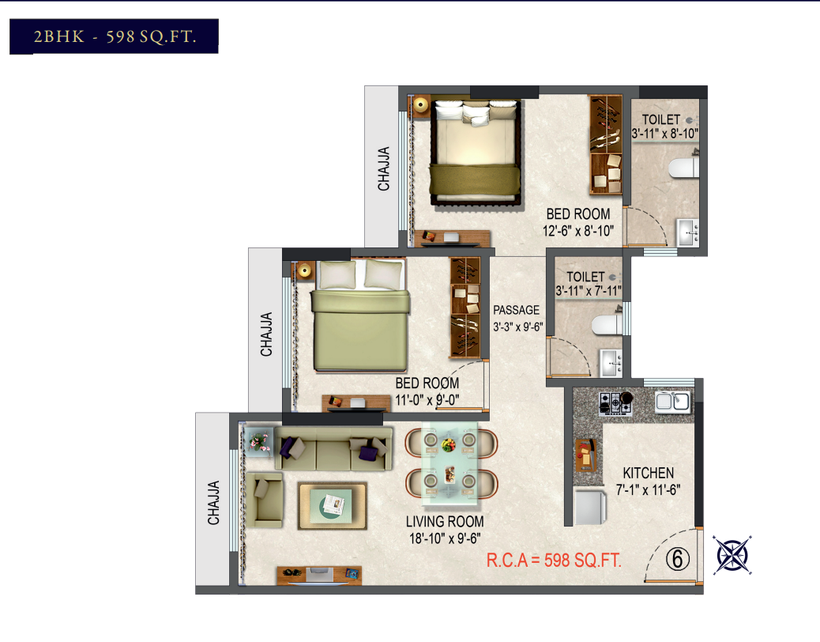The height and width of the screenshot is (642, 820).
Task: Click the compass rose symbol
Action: click(x=732, y=555)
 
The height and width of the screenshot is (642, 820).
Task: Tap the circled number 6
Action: click(x=678, y=559)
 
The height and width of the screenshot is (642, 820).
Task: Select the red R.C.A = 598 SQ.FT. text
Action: click(x=554, y=561)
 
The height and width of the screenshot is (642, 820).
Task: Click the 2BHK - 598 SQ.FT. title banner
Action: click(x=114, y=36)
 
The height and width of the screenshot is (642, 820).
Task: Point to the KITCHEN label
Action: click(x=648, y=473)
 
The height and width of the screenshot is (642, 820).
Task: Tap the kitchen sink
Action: click(x=673, y=402)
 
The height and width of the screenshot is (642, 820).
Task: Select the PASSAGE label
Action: click(x=516, y=310)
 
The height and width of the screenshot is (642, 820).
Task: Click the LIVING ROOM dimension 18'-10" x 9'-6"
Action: click(x=445, y=538)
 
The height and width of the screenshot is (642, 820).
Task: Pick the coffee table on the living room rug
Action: click(x=332, y=506)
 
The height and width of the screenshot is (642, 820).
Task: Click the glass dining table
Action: click(x=449, y=464)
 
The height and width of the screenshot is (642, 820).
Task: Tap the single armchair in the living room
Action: click(x=265, y=499)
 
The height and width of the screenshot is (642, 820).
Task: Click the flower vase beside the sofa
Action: click(x=259, y=440)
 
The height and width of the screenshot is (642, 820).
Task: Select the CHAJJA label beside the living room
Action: click(x=213, y=503)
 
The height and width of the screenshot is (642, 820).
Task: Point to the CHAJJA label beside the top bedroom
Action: click(x=384, y=168)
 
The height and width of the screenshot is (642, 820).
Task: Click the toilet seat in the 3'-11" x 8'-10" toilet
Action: click(x=683, y=168)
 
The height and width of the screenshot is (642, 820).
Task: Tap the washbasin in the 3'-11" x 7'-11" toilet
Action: click(x=611, y=363)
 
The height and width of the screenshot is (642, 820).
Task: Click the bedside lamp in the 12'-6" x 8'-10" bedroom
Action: click(x=420, y=104)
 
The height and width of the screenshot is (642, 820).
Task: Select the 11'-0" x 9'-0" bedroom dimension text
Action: click(x=427, y=400)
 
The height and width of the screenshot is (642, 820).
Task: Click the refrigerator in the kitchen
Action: click(x=590, y=506)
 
